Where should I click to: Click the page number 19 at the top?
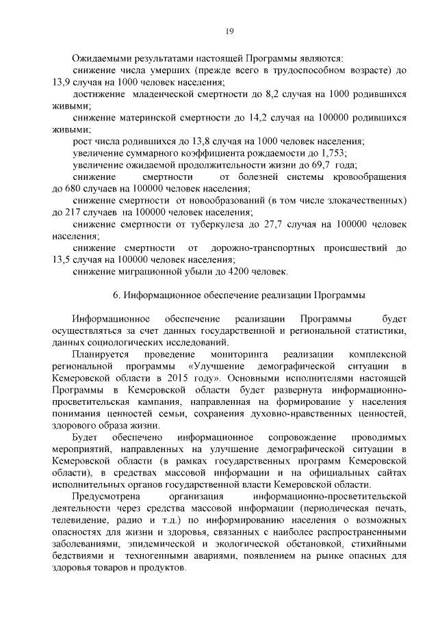231,29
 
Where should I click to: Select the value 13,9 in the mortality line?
62,81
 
